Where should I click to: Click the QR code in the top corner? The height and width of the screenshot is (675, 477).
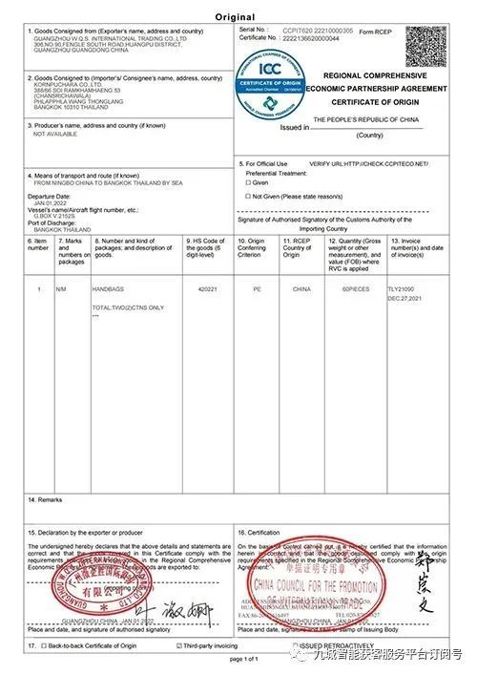click(x=425, y=46)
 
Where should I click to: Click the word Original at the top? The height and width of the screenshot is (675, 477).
click(x=236, y=17)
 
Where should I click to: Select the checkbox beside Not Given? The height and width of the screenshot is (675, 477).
click(x=249, y=196)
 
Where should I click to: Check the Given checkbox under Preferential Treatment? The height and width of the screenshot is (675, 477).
click(x=249, y=181)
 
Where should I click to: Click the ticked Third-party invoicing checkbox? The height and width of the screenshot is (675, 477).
click(x=178, y=647)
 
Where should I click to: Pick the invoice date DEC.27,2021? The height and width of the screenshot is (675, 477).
click(x=405, y=297)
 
